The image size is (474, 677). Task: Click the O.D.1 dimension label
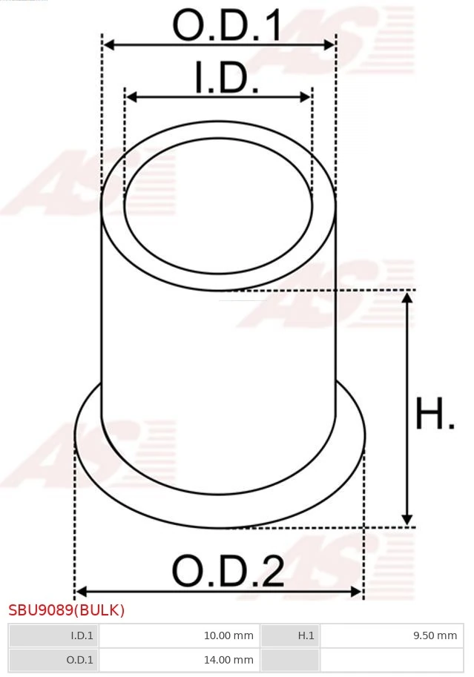pyautogui.click(x=227, y=26)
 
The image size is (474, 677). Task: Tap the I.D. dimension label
pyautogui.click(x=226, y=79)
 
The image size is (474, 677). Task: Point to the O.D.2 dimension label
pyautogui.click(x=228, y=572)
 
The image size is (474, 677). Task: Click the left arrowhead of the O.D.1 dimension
pyautogui.click(x=108, y=45)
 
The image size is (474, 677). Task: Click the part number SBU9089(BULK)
pyautogui.click(x=67, y=610)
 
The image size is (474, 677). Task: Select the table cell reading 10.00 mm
pyautogui.click(x=179, y=635)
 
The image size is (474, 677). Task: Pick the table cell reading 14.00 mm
pyautogui.click(x=179, y=660)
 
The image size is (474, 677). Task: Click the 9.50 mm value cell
pyautogui.click(x=389, y=635)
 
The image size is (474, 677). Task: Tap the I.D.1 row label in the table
pyautogui.click(x=53, y=635)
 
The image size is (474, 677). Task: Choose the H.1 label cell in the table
pyautogui.click(x=289, y=635)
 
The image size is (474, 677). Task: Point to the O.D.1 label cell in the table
pyautogui.click(x=53, y=660)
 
